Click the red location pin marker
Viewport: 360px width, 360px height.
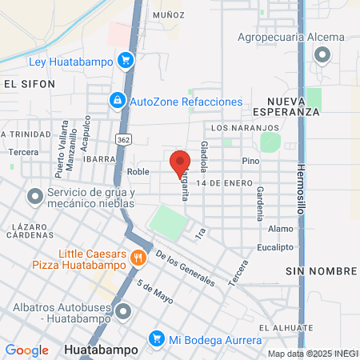(180, 163)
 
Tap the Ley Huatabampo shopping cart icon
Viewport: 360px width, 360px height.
(125, 60)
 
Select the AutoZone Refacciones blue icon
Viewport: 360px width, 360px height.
(118, 101)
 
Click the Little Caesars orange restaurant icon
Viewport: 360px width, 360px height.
(139, 258)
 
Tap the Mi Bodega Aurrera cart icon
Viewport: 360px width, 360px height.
(157, 339)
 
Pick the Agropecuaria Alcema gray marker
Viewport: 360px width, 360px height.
(322, 54)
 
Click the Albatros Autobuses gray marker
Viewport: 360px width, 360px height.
(122, 311)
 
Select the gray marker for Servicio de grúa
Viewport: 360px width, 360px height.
(35, 196)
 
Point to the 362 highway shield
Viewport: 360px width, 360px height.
(122, 139)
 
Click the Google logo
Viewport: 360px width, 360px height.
(27, 350)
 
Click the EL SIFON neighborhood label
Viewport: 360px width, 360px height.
(30, 83)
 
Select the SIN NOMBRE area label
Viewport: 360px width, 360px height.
(314, 272)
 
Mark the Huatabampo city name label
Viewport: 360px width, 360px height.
(100, 350)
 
